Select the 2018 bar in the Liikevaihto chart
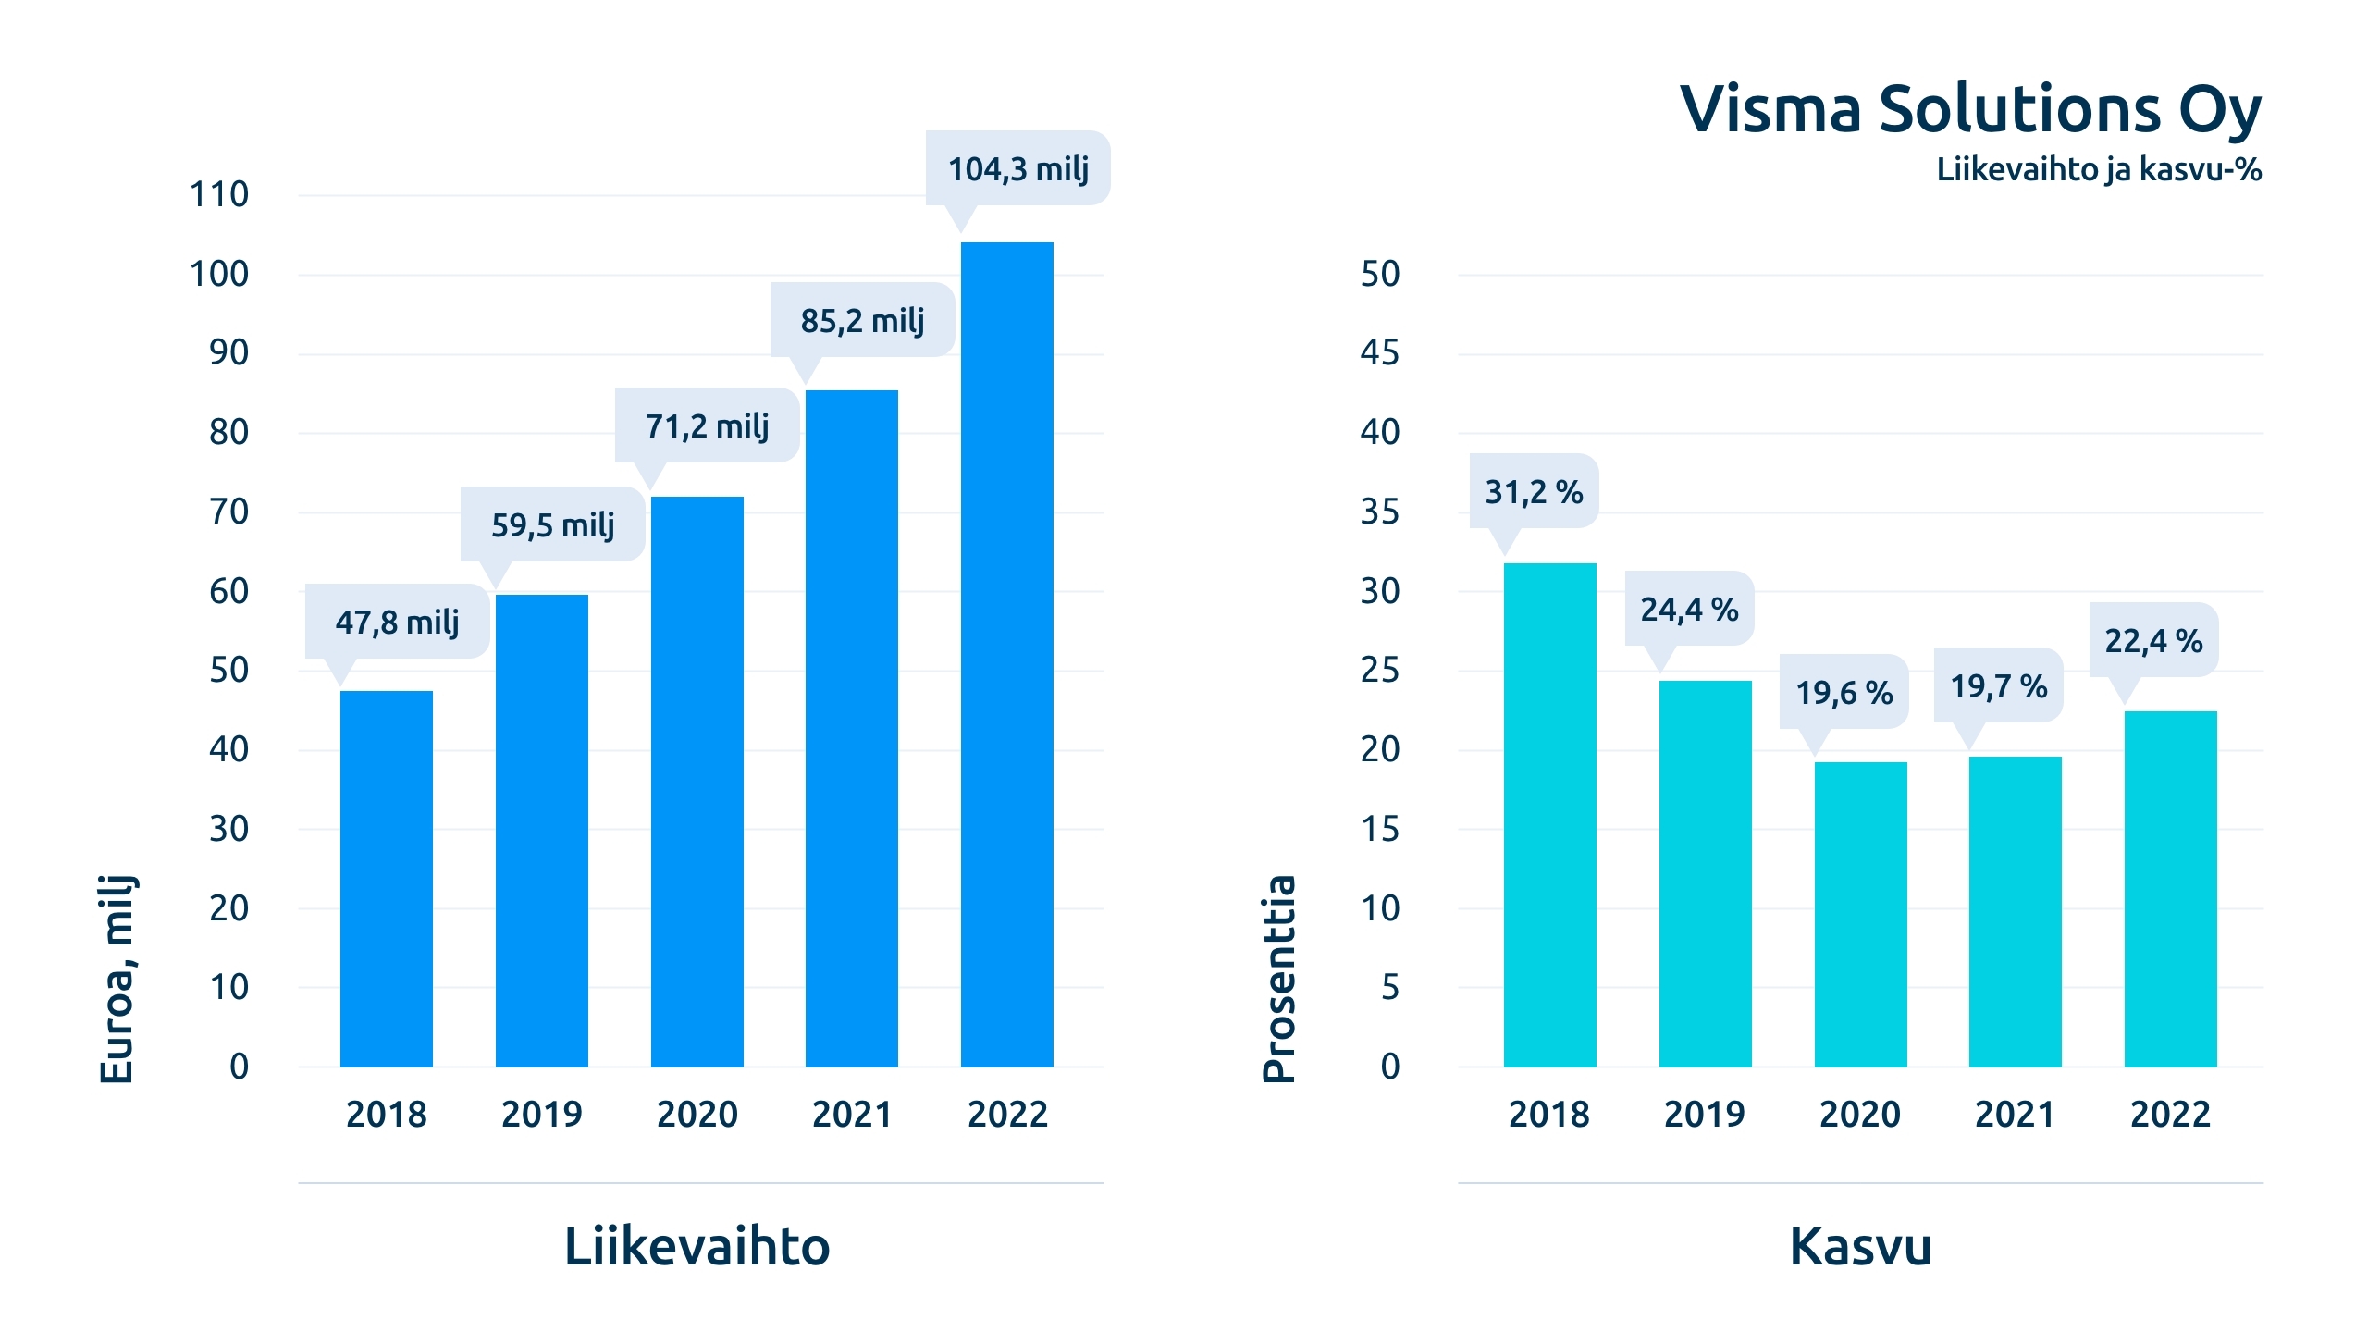pos(386,879)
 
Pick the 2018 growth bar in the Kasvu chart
pos(1549,814)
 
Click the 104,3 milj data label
pos(1017,169)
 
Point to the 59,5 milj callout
pos(552,524)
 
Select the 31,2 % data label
pos(1534,491)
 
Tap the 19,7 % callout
pos(1998,686)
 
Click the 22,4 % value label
pos(2153,640)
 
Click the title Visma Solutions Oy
pos(1970,109)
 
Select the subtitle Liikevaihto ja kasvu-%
pos(2099,169)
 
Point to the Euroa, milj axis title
pos(117,978)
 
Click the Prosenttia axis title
pos(1279,978)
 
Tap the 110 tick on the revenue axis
pos(219,194)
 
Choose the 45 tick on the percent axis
pos(1379,352)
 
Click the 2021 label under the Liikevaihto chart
pos(852,1114)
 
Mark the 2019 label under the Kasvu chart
pos(1704,1114)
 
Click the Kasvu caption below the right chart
pos(1860,1246)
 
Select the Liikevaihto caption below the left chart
pos(697,1246)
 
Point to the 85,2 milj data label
pos(862,320)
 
